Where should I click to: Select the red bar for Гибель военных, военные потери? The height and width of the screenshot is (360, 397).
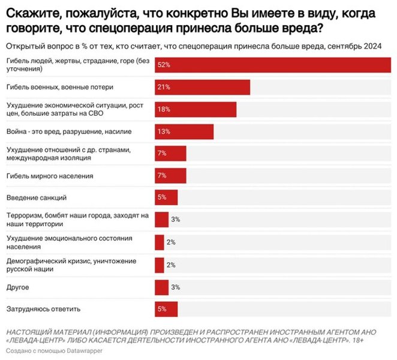click(202, 87)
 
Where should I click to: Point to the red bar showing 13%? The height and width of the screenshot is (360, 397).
click(184, 131)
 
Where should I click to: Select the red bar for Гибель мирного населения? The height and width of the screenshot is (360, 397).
click(170, 175)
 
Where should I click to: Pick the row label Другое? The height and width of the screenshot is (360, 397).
click(17, 287)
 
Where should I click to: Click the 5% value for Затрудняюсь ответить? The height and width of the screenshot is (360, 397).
click(162, 309)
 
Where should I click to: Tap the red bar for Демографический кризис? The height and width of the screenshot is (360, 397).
click(159, 265)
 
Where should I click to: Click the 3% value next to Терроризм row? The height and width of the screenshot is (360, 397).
click(176, 220)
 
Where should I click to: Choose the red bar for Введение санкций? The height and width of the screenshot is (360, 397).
click(166, 197)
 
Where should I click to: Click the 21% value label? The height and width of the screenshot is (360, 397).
click(163, 87)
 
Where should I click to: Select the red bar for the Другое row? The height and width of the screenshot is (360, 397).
click(161, 287)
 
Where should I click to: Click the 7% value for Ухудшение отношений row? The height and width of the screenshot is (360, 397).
click(162, 154)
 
